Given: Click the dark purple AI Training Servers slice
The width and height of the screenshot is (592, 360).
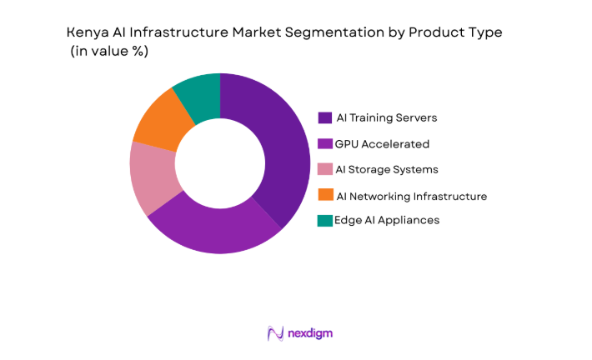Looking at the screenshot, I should pyautogui.click(x=275, y=150).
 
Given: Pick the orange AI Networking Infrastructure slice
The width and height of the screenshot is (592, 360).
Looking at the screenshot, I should pyautogui.click(x=160, y=122).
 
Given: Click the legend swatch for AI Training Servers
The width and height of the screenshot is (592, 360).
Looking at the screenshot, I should pyautogui.click(x=325, y=117).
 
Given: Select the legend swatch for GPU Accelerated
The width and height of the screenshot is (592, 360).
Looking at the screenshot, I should pyautogui.click(x=325, y=143).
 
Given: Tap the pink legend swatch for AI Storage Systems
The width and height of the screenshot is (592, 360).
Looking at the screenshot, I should pyautogui.click(x=325, y=169).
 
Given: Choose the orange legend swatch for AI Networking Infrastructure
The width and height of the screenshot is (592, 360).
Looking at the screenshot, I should pyautogui.click(x=325, y=195).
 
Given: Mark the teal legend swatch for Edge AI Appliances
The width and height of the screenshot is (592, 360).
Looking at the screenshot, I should pyautogui.click(x=325, y=220).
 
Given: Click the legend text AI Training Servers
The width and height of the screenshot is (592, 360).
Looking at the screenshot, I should pyautogui.click(x=386, y=117).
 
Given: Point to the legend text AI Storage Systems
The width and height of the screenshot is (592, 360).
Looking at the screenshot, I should pyautogui.click(x=386, y=169).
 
